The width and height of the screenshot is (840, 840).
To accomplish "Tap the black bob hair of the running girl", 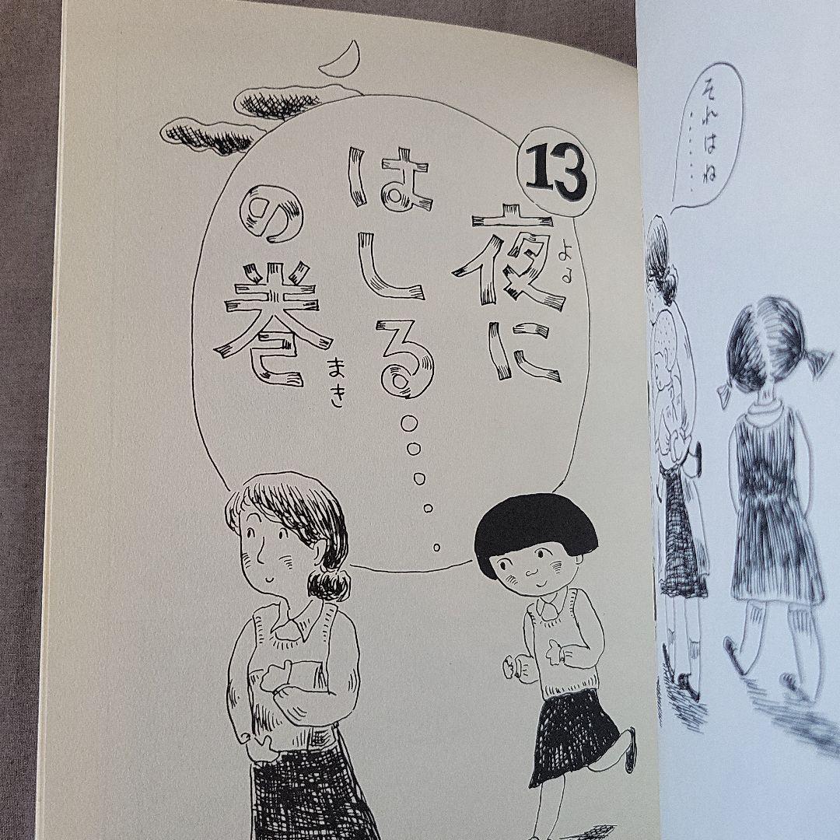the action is [534, 530].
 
